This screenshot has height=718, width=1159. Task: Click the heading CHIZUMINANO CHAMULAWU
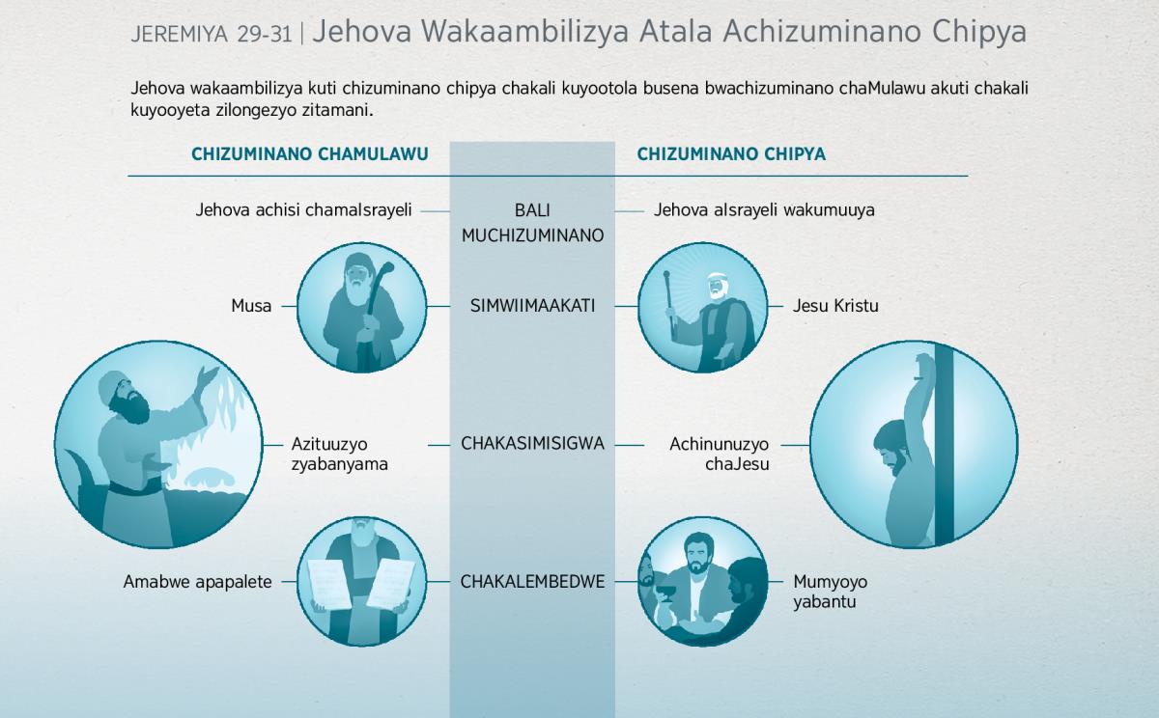pyautogui.click(x=309, y=154)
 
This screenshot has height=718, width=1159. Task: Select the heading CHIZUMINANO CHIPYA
pyautogui.click(x=731, y=154)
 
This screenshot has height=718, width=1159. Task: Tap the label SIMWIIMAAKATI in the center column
pyautogui.click(x=532, y=306)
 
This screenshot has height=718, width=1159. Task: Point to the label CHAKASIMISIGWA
pyautogui.click(x=532, y=444)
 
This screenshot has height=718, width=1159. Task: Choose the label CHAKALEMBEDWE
pyautogui.click(x=532, y=582)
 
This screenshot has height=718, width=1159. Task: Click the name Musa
pyautogui.click(x=251, y=306)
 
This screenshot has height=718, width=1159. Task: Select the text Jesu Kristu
pyautogui.click(x=835, y=306)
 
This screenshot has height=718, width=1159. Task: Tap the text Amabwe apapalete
pyautogui.click(x=198, y=582)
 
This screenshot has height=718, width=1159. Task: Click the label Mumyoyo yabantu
pyautogui.click(x=830, y=592)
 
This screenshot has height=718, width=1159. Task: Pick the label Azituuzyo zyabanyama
pyautogui.click(x=339, y=454)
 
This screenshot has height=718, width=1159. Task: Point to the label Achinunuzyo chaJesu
pyautogui.click(x=720, y=454)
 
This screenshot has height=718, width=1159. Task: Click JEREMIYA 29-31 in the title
pyautogui.click(x=212, y=34)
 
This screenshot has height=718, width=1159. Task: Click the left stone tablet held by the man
pyautogui.click(x=330, y=584)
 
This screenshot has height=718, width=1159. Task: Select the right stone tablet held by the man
pyautogui.click(x=391, y=584)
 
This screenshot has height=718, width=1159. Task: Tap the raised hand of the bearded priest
pyautogui.click(x=208, y=376)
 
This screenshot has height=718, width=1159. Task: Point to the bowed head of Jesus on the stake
pyautogui.click(x=890, y=446)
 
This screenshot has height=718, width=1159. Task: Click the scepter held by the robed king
pyautogui.click(x=670, y=301)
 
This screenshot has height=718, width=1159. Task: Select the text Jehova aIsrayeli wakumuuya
pyautogui.click(x=764, y=210)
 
